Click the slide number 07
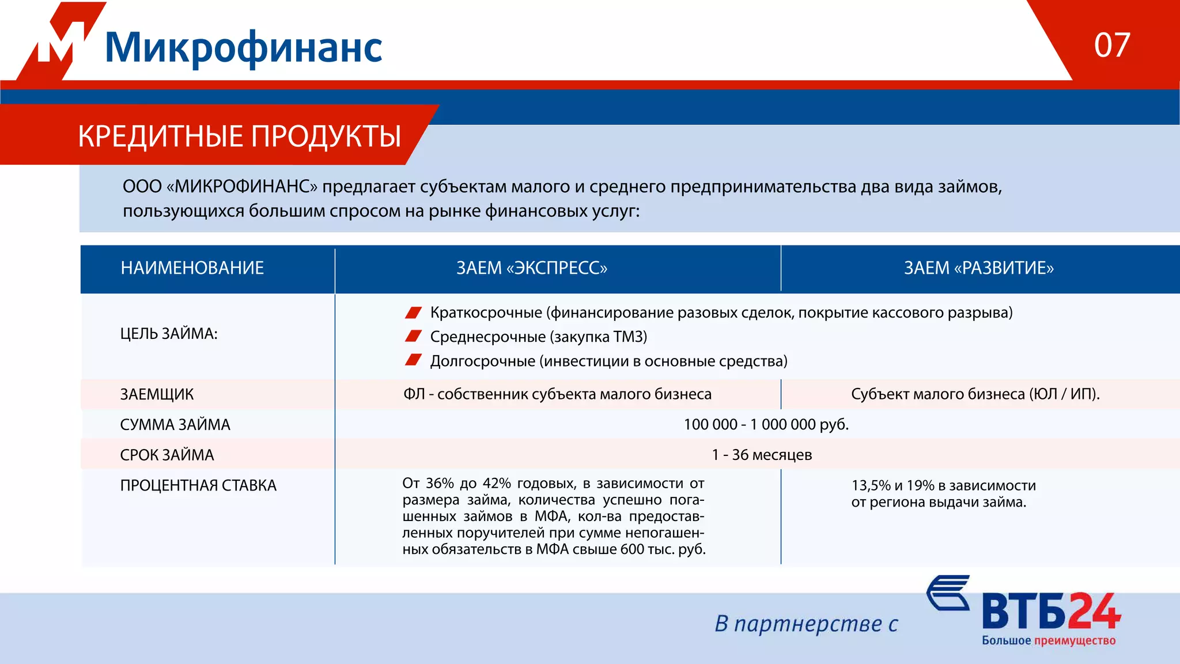pos(1111,45)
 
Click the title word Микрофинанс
pos(243,47)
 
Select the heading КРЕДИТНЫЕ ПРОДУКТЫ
pos(239,137)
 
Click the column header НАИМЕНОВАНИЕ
pos(192,268)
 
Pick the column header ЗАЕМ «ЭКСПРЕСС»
pos(531,268)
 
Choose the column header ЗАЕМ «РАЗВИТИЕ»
pos(978,268)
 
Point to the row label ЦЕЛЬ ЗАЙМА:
pos(168,334)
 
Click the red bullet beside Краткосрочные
pos(413,312)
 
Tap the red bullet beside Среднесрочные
pos(413,336)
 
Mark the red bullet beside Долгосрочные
pos(413,360)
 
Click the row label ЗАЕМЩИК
pos(157,394)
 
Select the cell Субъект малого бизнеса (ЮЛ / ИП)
pos(975,394)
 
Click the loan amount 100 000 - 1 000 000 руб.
pos(766,425)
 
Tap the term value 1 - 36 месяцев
pos(762,455)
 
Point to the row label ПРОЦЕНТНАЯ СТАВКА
pos(198,485)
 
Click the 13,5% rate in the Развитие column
pos(871,485)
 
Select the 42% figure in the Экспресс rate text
pos(496,483)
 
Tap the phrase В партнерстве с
pos(806,624)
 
